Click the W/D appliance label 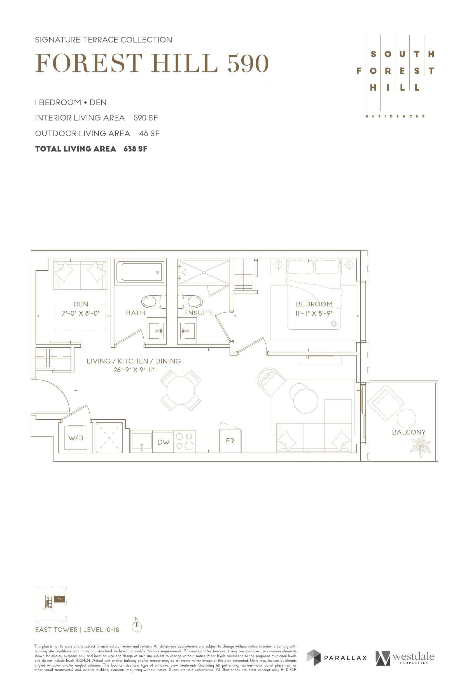[76, 438]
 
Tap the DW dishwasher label [164, 442]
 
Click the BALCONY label [409, 432]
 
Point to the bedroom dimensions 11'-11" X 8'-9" [314, 313]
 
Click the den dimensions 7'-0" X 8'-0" [81, 313]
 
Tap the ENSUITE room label [199, 313]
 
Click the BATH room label [136, 313]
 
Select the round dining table [180, 391]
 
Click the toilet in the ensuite [190, 302]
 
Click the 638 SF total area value [136, 149]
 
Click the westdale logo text [413, 657]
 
